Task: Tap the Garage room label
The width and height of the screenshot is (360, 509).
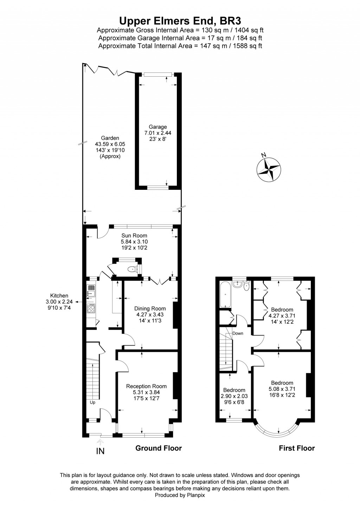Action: pos(158,127)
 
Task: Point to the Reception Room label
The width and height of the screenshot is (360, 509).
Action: pos(146,386)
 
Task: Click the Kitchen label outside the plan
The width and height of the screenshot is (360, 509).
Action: pos(59,296)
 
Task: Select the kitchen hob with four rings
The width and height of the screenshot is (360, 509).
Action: pos(91,309)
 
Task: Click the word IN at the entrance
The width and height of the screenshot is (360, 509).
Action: pos(101,451)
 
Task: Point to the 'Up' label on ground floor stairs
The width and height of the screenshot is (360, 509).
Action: pos(93,402)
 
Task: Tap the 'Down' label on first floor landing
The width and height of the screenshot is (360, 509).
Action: pos(238,333)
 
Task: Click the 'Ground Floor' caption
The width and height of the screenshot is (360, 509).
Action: pos(159,448)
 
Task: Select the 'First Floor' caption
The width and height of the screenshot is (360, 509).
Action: pos(297,448)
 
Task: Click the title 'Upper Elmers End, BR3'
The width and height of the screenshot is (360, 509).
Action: pos(180,20)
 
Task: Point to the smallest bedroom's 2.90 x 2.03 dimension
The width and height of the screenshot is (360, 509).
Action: pos(234,396)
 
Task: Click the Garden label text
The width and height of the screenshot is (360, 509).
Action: pos(110,138)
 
